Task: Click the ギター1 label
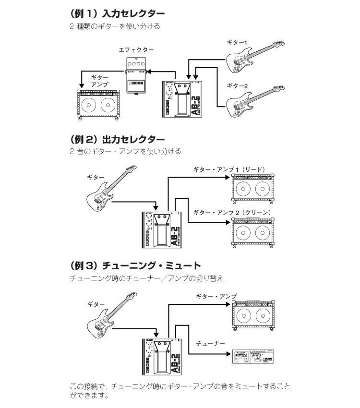(238, 43)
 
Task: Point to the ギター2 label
(238, 86)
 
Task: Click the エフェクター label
(137, 50)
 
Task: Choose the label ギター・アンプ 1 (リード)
(229, 169)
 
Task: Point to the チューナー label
(210, 343)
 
